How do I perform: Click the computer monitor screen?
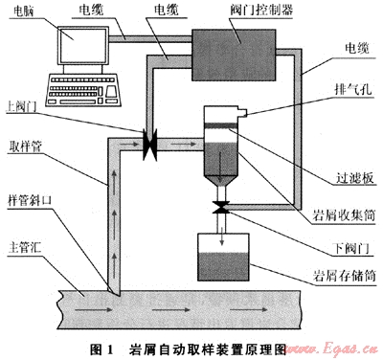83,45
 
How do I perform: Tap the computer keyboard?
84,90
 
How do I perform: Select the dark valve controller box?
234,55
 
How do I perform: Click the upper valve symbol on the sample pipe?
149,145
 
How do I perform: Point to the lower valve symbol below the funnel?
221,208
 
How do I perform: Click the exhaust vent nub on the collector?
244,113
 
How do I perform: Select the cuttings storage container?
223,258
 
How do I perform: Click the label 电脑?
24,11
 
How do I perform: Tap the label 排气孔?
353,89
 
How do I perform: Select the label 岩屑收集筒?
344,215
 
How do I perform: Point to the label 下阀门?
352,248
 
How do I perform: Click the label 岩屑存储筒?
344,276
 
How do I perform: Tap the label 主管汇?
25,247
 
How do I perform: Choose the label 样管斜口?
30,201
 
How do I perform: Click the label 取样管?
26,146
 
